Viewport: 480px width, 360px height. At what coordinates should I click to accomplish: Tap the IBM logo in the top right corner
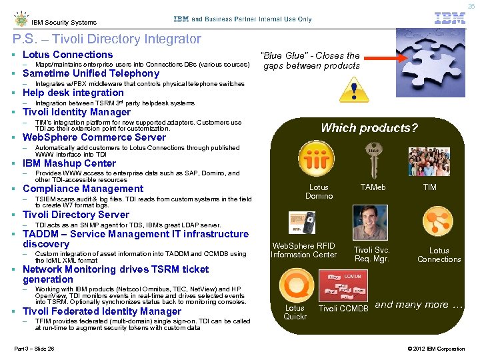pos(450,19)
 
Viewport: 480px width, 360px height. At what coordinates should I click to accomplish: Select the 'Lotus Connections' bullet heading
pos(67,55)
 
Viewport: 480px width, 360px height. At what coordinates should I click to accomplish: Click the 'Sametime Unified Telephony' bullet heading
pos(91,73)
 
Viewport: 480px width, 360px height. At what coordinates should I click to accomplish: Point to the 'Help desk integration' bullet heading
pos(73,93)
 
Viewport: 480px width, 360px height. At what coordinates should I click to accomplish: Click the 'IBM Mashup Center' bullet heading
pos(69,163)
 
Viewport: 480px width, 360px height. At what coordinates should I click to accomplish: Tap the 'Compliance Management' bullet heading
pos(83,189)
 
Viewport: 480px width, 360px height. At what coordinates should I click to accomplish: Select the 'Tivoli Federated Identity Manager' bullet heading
pos(102,311)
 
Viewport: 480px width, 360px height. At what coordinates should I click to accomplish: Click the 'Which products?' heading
pos(369,128)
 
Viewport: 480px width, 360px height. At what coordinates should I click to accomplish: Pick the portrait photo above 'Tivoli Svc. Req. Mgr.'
pos(371,223)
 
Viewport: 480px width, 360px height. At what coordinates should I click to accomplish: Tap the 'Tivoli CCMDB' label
pos(343,309)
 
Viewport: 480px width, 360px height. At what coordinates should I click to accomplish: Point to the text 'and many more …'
pos(419,305)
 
